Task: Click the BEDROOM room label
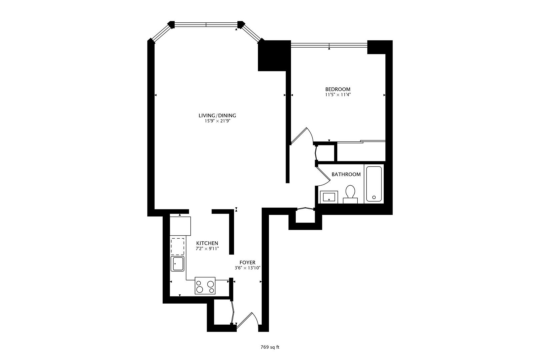point(338,89)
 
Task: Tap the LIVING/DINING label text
point(217,115)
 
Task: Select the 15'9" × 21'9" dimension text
point(217,121)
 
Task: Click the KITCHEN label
point(207,243)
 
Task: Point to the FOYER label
point(247,263)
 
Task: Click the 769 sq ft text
point(270,347)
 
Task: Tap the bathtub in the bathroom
point(374,184)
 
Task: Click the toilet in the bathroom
point(350,194)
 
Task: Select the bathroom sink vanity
point(329,197)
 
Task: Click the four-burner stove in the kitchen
point(205,286)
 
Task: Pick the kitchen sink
point(177,264)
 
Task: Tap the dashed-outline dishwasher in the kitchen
point(177,246)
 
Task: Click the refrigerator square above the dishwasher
point(180,226)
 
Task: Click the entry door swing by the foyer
point(248,321)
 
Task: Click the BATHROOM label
point(346,174)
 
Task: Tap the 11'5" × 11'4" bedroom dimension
point(338,95)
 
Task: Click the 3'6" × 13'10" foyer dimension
point(247,268)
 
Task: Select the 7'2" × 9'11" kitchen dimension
point(207,248)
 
